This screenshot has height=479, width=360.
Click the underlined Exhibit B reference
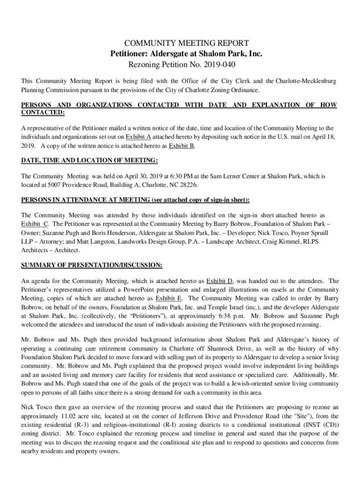click(x=181, y=145)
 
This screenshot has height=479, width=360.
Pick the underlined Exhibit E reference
click(x=169, y=298)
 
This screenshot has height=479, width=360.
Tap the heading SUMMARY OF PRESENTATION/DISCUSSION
click(x=92, y=265)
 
